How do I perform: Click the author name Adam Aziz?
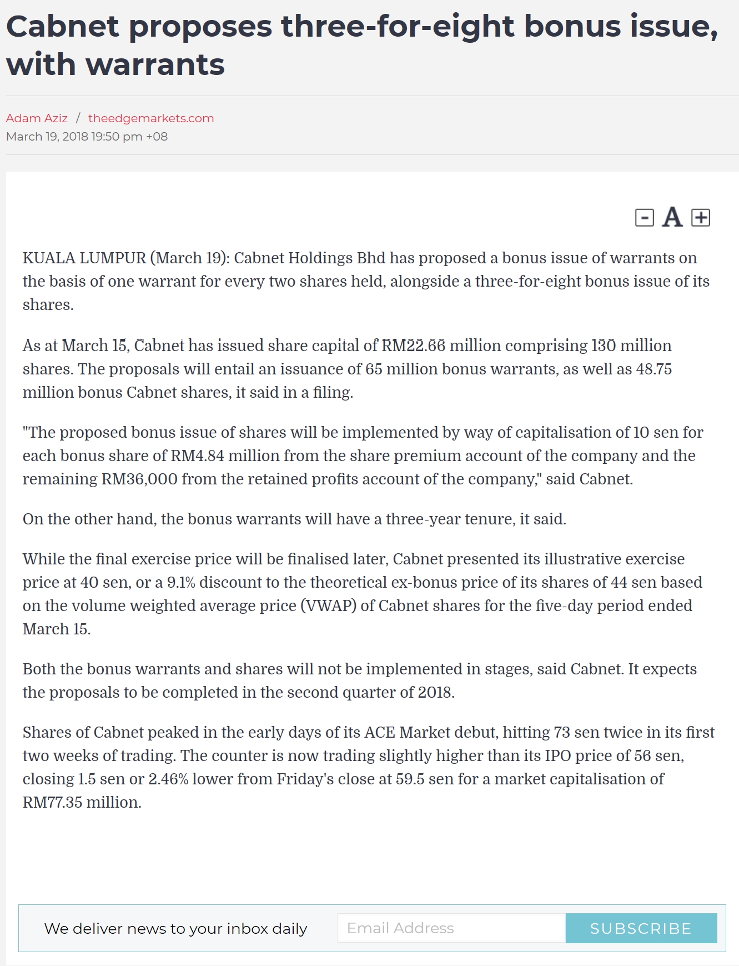click(x=37, y=118)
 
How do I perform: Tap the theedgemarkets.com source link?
click(x=151, y=118)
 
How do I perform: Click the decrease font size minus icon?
click(x=644, y=217)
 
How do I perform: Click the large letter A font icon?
click(x=672, y=217)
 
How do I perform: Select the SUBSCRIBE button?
click(x=641, y=928)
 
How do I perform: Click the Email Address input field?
click(x=451, y=928)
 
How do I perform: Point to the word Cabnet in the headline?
click(x=63, y=26)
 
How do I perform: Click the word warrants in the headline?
click(x=155, y=64)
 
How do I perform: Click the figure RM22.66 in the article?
click(x=413, y=346)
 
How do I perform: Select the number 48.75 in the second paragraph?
click(x=654, y=369)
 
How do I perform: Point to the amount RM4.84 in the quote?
click(x=197, y=456)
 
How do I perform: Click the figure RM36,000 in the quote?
click(x=139, y=479)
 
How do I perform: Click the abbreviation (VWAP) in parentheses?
click(x=328, y=605)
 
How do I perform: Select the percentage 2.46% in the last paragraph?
click(x=168, y=779)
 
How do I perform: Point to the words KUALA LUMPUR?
click(x=84, y=258)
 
